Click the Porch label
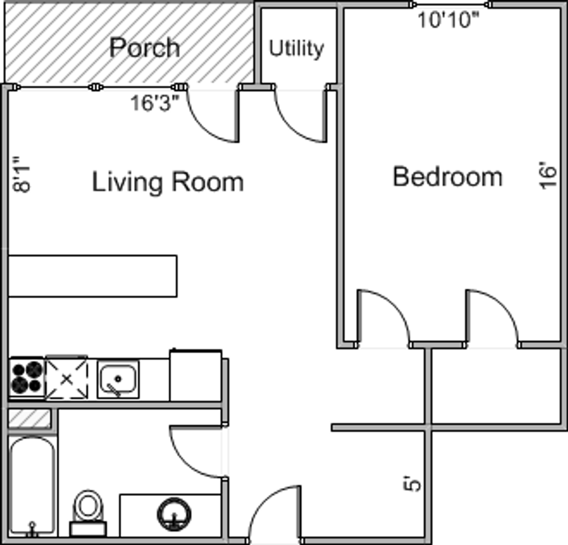[145, 47]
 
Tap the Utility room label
[296, 48]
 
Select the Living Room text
[168, 182]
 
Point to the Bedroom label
[448, 177]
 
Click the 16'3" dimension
[155, 103]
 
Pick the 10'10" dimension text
[448, 20]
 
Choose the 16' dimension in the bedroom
[548, 175]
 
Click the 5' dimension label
[412, 483]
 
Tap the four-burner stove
[27, 378]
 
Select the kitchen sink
[118, 379]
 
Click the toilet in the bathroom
[88, 513]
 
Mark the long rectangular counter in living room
[93, 277]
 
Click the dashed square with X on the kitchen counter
[67, 379]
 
